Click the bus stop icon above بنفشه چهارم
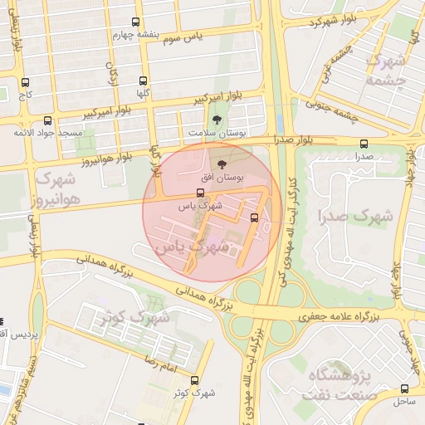tap(136, 22)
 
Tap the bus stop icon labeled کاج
tap(25, 83)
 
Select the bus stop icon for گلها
tap(143, 81)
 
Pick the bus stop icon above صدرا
tap(364, 143)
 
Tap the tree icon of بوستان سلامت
tap(217, 120)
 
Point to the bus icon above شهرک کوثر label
tap(194, 380)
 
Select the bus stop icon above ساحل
tap(404, 388)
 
